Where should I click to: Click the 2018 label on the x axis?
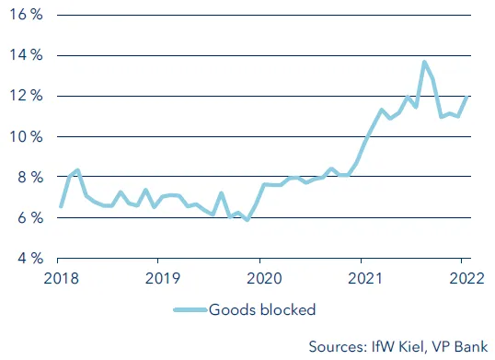click(62, 275)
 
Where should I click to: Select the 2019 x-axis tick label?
click(162, 275)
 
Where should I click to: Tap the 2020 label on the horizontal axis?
click(262, 275)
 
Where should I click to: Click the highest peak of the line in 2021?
click(423, 63)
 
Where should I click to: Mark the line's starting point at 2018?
click(62, 206)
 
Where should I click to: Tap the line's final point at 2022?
click(466, 98)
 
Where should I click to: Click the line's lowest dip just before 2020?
click(247, 220)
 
